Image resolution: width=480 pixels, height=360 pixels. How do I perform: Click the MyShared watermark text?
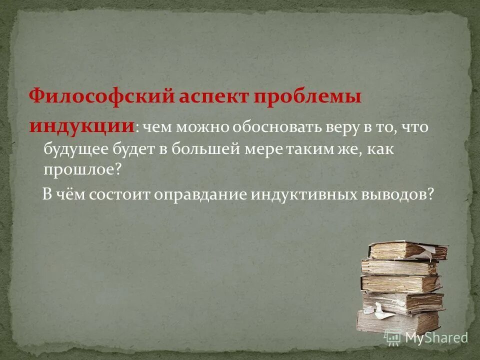436,338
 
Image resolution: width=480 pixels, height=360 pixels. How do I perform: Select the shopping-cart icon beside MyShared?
393,338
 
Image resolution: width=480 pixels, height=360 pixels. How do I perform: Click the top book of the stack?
407,250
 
